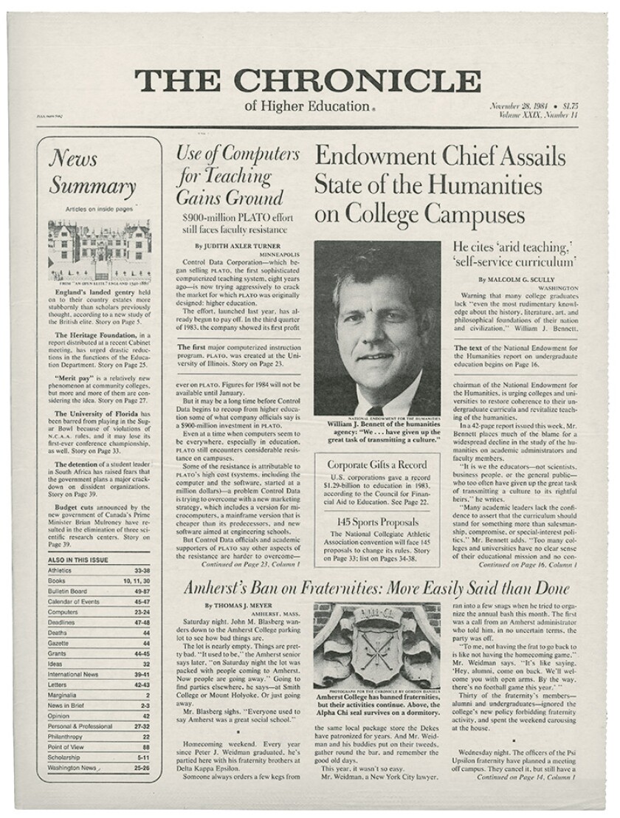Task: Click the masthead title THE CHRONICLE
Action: (x=309, y=81)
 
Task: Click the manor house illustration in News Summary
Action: (x=98, y=247)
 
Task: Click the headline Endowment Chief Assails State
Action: (x=440, y=185)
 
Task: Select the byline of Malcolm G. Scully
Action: (x=512, y=281)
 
